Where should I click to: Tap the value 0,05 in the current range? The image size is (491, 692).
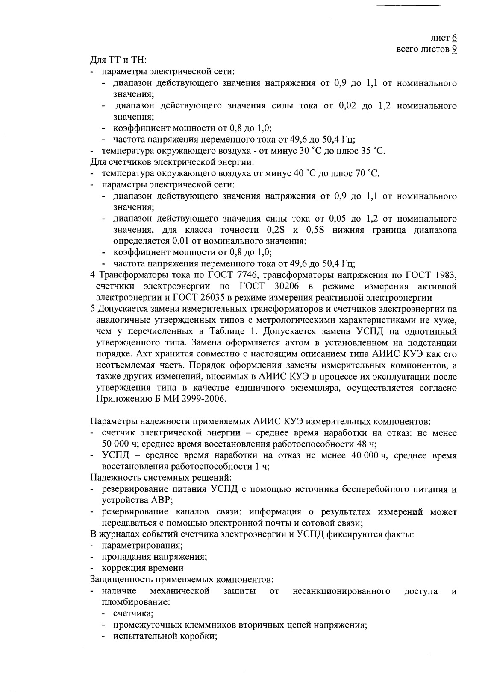[x=339, y=219]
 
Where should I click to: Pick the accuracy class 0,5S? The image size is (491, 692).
[x=316, y=230]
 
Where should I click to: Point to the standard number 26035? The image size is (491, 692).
[x=214, y=297]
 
